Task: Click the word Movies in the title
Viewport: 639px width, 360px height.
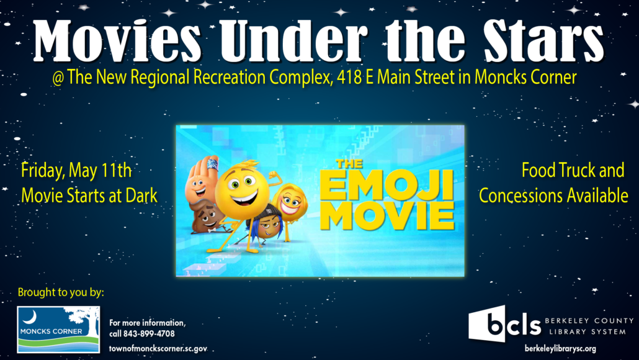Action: pyautogui.click(x=117, y=42)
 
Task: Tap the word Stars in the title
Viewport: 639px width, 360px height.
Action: pyautogui.click(x=543, y=42)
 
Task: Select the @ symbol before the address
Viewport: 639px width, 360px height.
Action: pyautogui.click(x=58, y=78)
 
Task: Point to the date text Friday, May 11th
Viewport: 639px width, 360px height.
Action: pyautogui.click(x=76, y=171)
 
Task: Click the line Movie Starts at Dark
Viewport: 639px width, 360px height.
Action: pyautogui.click(x=89, y=196)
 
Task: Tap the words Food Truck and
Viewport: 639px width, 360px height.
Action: pyautogui.click(x=573, y=171)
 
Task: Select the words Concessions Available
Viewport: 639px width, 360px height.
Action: pyautogui.click(x=553, y=196)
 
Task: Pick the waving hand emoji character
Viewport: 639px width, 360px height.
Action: pyautogui.click(x=200, y=179)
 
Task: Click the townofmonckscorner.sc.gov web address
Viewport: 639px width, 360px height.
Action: pyautogui.click(x=158, y=349)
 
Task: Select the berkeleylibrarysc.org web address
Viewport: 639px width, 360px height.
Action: pyautogui.click(x=560, y=349)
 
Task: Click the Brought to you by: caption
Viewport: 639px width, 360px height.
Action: pyautogui.click(x=61, y=292)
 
